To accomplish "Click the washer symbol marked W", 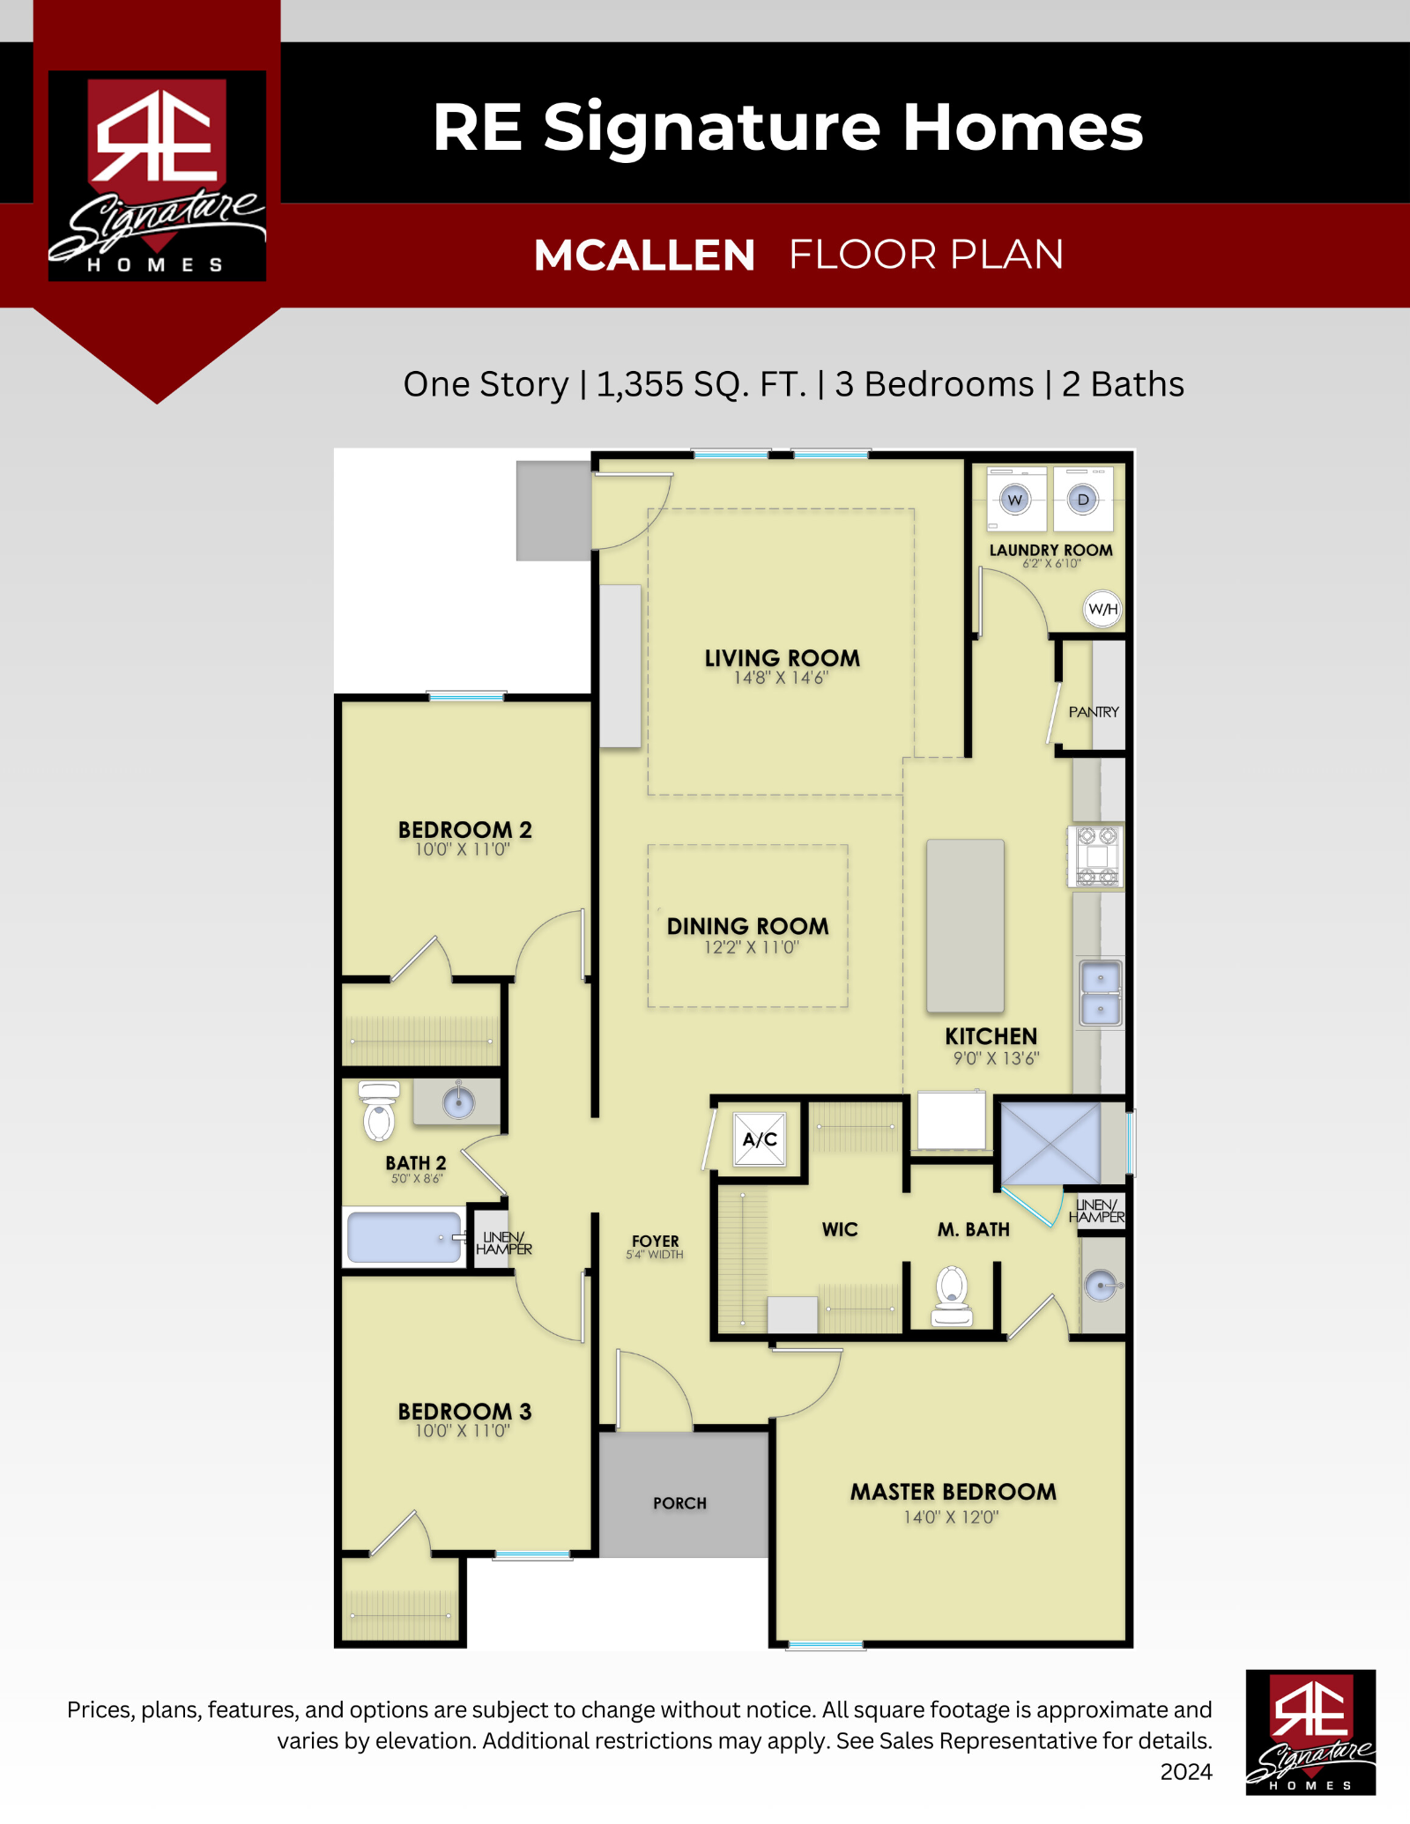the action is (1016, 500).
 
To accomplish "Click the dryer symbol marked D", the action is (1083, 500).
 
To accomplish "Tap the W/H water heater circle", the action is (1102, 609).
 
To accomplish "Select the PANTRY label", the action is (1094, 712).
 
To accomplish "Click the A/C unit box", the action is (760, 1139).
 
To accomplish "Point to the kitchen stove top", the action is (1095, 856).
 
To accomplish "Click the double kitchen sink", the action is (1101, 993).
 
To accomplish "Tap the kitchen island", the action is (965, 926).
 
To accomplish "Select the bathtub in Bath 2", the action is (404, 1237).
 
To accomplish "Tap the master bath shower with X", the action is (1051, 1144).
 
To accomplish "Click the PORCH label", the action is (679, 1503).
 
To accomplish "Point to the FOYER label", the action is (656, 1241).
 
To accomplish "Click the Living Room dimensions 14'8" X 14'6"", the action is (781, 678).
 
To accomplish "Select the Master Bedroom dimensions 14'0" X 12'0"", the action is (951, 1516).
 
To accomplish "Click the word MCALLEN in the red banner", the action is (644, 256).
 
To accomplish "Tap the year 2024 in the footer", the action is (1186, 1772).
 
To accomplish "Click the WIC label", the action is (840, 1229).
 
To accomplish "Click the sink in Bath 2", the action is (458, 1101).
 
